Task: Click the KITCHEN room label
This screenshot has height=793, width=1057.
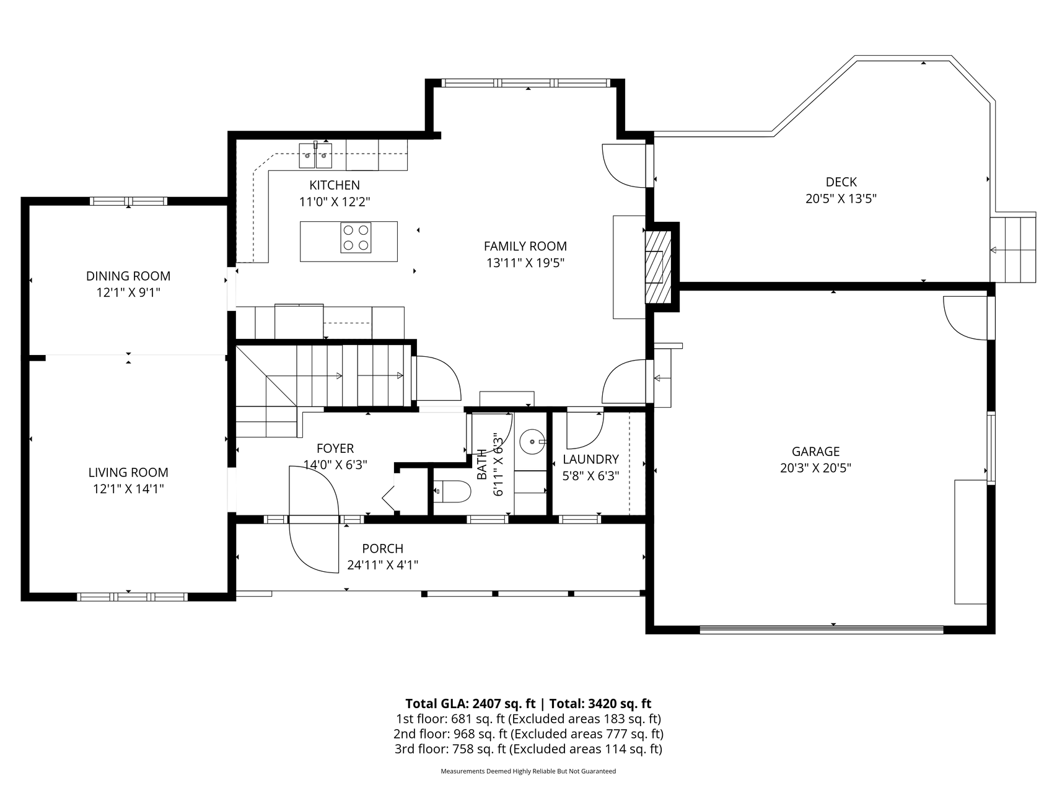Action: coord(335,185)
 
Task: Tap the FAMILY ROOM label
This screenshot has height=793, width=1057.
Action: coord(525,246)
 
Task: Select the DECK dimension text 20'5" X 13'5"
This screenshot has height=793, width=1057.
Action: coord(841,199)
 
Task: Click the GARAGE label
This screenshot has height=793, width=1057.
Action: coord(815,452)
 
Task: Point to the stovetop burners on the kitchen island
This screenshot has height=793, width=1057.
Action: coord(356,237)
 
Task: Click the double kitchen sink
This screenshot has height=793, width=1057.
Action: coord(316,156)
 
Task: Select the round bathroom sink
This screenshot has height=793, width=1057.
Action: coord(532,442)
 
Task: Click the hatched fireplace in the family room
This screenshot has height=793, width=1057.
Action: coord(658,266)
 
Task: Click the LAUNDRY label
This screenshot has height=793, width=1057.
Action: coord(590,459)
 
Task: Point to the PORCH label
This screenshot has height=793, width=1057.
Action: coord(382,548)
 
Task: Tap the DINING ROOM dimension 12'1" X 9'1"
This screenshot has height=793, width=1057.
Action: coord(128,292)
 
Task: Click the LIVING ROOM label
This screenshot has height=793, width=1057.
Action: coord(128,473)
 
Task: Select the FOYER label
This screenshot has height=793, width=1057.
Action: coord(335,449)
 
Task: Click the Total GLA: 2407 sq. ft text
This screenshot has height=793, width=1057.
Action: coord(470,703)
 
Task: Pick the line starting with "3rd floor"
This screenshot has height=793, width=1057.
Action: coord(528,749)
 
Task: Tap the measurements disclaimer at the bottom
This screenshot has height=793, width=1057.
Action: coord(528,771)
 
